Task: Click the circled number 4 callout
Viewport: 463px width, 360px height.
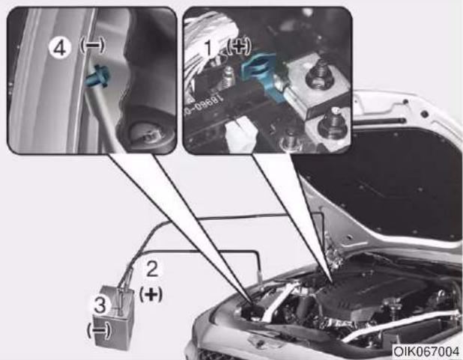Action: pyautogui.click(x=60, y=48)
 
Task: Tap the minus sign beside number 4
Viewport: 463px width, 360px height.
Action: pyautogui.click(x=92, y=46)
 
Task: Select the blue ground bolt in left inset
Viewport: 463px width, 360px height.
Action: pyautogui.click(x=97, y=77)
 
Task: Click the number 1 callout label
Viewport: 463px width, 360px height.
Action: pyautogui.click(x=208, y=47)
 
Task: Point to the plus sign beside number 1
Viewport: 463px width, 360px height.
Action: pyautogui.click(x=239, y=46)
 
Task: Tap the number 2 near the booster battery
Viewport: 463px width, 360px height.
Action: pyautogui.click(x=152, y=269)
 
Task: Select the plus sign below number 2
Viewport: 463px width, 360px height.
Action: pyautogui.click(x=151, y=294)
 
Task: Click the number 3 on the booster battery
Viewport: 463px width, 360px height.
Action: pyautogui.click(x=100, y=305)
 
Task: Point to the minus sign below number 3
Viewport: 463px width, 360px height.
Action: pyautogui.click(x=99, y=330)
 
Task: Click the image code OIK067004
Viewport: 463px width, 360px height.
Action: pyautogui.click(x=426, y=352)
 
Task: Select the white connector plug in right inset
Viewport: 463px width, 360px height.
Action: pyautogui.click(x=240, y=134)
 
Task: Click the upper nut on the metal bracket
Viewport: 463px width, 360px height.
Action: pyautogui.click(x=319, y=76)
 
